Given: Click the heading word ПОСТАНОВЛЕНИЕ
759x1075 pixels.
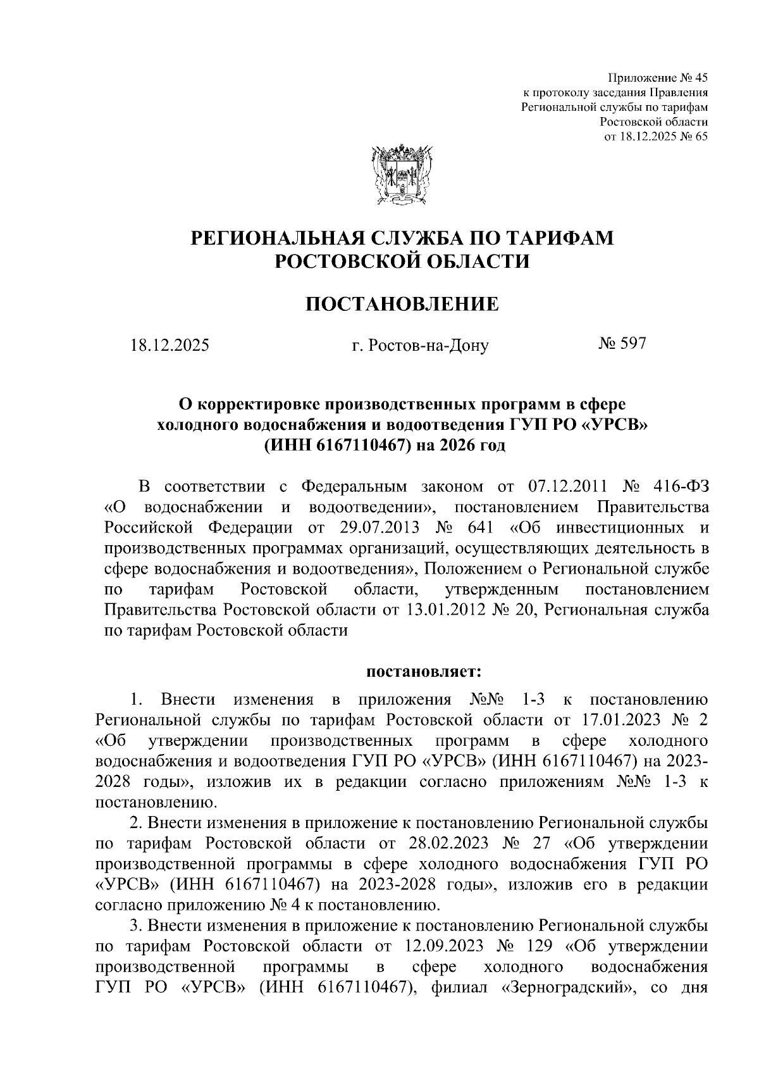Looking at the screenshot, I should pos(402,305).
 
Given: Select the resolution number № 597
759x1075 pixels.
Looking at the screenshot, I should pos(622,344).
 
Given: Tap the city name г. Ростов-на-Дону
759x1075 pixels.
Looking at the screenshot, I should pos(421,346).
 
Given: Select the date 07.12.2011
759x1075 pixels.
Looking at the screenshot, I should pos(566,486).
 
